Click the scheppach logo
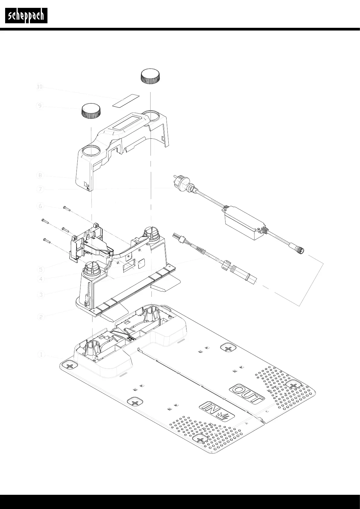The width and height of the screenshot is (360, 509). click(26, 16)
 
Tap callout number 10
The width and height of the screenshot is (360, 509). click(40, 87)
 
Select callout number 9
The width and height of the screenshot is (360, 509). click(40, 106)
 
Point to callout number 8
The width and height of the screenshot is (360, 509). click(40, 175)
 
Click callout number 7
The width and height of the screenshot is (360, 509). click(40, 190)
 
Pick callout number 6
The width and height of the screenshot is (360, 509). click(40, 206)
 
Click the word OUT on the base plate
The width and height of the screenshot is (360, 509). click(248, 394)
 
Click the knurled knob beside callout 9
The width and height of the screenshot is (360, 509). click(91, 111)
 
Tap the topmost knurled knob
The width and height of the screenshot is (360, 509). click(150, 76)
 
